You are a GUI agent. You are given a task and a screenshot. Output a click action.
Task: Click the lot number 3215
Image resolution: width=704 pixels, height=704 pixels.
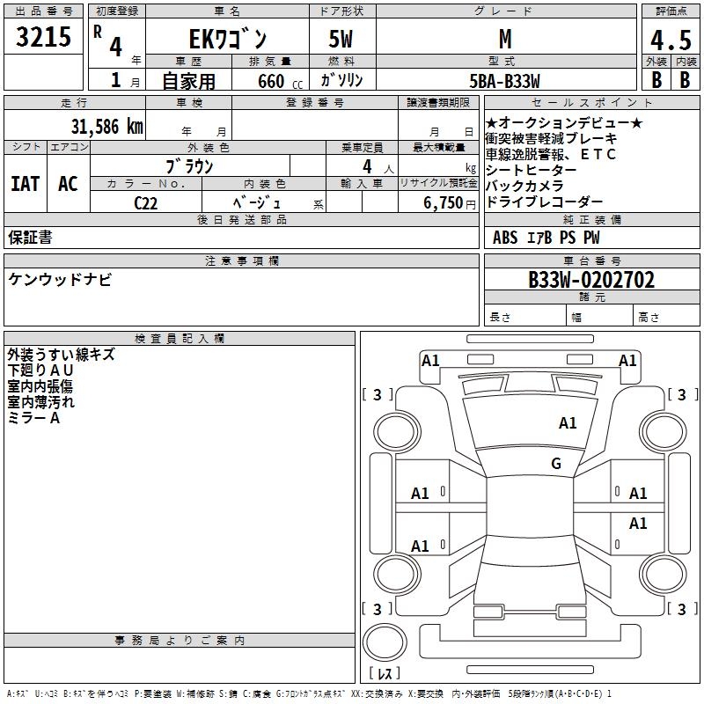(44, 37)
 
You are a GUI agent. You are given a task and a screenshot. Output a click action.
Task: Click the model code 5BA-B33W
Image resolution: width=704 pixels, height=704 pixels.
(504, 81)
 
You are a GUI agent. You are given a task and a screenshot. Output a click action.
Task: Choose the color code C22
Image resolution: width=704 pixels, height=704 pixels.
(146, 202)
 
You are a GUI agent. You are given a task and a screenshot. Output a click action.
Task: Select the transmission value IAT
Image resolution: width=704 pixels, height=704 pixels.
(25, 184)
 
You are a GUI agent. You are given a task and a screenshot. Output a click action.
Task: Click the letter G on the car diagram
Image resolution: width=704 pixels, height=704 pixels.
(555, 464)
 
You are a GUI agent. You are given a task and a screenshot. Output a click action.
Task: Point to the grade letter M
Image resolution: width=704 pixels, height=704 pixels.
(504, 39)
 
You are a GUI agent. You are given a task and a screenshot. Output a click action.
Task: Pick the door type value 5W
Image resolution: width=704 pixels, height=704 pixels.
(342, 39)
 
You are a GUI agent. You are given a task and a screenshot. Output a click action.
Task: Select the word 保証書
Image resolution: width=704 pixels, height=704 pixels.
(30, 237)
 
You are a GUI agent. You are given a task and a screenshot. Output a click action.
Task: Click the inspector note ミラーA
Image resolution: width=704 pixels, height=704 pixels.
(33, 418)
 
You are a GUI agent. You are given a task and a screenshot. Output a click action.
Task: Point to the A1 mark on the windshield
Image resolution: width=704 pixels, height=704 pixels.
(568, 423)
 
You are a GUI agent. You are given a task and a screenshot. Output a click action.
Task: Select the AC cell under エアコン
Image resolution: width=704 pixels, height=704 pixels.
(68, 184)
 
